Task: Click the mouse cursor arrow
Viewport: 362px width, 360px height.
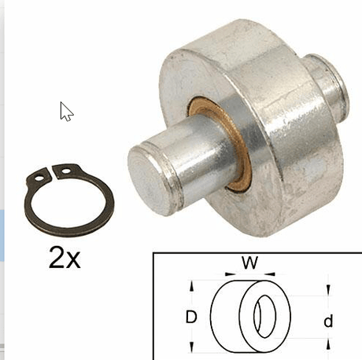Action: click(x=65, y=112)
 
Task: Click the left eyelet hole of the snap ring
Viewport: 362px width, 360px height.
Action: click(x=39, y=178)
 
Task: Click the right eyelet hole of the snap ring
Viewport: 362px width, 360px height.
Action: click(x=66, y=171)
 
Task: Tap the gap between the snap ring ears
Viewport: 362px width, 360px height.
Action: click(x=52, y=173)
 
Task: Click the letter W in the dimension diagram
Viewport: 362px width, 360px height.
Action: click(x=250, y=263)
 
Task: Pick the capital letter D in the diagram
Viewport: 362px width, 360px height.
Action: click(x=191, y=317)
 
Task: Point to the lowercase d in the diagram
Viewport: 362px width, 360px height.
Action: click(x=328, y=321)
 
